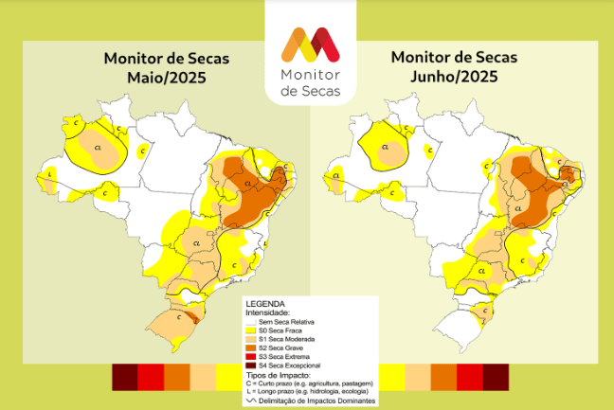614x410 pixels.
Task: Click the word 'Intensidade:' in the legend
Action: click(267, 312)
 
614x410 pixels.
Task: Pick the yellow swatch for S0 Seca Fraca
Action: click(238, 330)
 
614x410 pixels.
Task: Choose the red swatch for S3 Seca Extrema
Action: click(238, 356)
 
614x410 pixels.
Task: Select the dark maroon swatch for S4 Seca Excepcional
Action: click(238, 365)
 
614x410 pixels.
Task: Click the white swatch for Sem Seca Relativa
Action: click(238, 322)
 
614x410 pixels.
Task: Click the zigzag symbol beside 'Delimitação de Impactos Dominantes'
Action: click(239, 401)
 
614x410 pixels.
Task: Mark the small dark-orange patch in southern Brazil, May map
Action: click(192, 320)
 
